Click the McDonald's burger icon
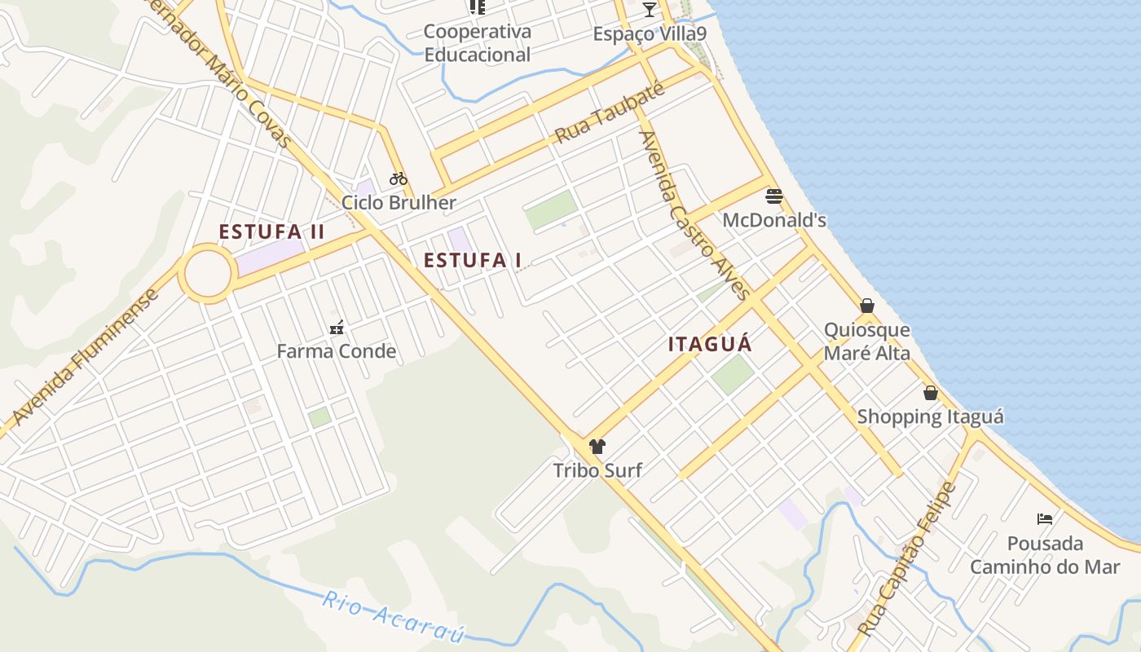click(773, 196)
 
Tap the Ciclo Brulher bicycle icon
click(398, 178)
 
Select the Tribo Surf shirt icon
click(597, 446)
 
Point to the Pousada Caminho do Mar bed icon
click(1045, 518)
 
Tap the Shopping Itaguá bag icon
click(931, 393)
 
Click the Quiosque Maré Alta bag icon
click(867, 306)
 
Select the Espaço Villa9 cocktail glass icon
click(649, 10)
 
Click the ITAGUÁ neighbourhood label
click(710, 344)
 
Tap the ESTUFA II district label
click(271, 232)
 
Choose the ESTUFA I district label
click(473, 260)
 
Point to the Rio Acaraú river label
click(393, 616)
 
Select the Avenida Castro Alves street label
click(694, 216)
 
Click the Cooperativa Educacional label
click(477, 43)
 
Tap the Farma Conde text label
click(337, 351)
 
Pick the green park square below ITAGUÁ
click(733, 375)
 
